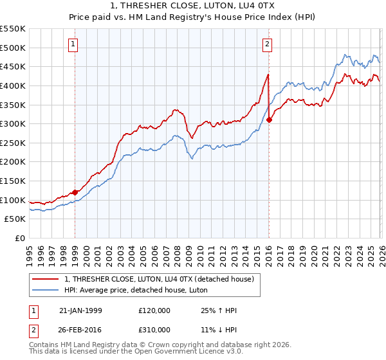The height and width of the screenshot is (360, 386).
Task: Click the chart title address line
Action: click(193, 6)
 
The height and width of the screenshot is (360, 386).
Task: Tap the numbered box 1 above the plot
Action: click(75, 44)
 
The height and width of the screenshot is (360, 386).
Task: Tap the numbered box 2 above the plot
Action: click(267, 44)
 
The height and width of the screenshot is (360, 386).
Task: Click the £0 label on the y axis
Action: click(19, 238)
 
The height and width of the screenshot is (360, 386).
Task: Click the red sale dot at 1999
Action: click(75, 192)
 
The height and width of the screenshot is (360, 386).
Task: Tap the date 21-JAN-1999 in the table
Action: click(80, 310)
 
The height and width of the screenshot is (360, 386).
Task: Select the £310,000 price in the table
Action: click(155, 329)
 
